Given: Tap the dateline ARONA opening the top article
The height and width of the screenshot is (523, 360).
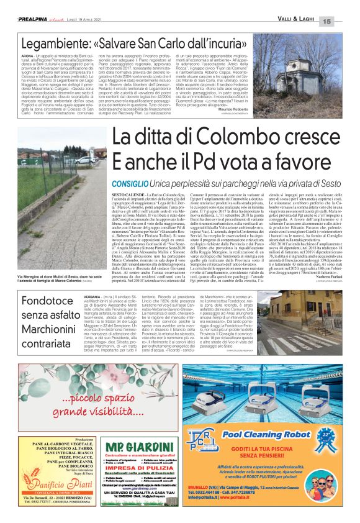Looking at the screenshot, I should point(30,65).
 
